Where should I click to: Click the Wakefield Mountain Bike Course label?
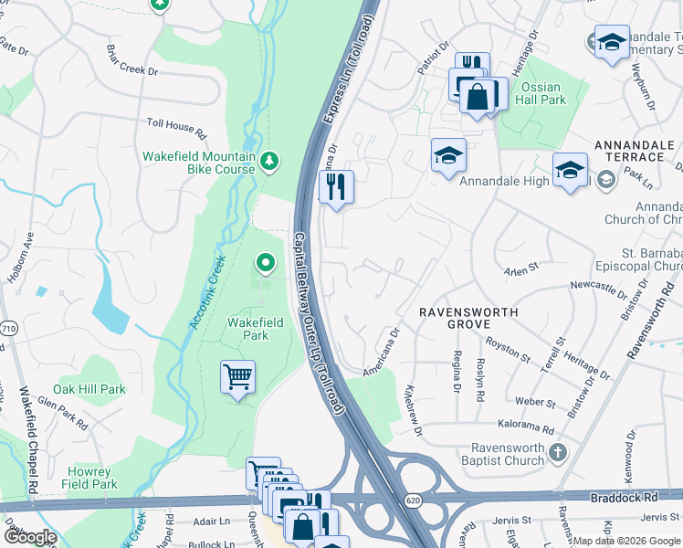(199, 163)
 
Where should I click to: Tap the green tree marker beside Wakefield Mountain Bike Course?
(268, 162)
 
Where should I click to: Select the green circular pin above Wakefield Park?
(266, 264)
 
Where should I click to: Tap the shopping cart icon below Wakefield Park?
(237, 376)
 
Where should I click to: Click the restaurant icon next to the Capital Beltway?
(336, 187)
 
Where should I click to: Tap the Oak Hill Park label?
(89, 389)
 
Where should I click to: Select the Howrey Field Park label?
(89, 478)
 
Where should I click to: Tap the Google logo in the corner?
(29, 537)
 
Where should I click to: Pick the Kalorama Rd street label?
(525, 427)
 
